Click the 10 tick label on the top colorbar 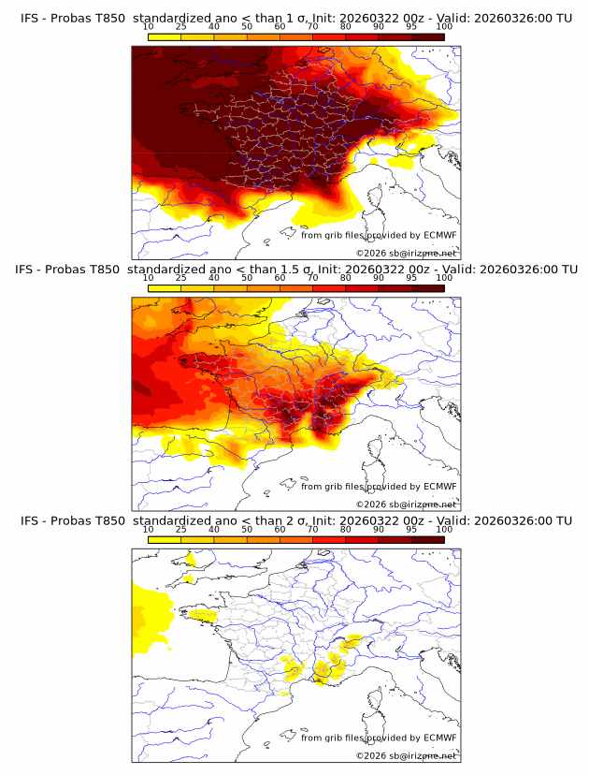tap(149, 28)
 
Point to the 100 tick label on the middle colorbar tap(444, 279)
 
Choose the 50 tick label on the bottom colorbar tap(247, 530)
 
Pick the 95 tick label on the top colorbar tap(411, 28)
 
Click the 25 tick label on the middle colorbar tap(181, 279)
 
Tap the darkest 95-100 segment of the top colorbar tap(427, 37)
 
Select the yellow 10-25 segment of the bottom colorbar tap(165, 539)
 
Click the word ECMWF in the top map tap(439, 236)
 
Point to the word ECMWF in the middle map tap(439, 487)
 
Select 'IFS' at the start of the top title tap(30, 18)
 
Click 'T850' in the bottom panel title tap(108, 520)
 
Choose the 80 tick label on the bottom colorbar tap(345, 530)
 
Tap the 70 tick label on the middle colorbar tap(312, 279)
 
